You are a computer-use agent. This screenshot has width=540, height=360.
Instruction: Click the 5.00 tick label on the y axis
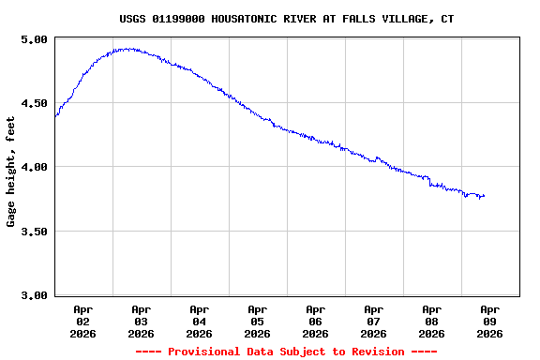coord(34,39)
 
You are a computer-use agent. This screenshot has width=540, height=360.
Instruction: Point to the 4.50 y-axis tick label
coord(34,103)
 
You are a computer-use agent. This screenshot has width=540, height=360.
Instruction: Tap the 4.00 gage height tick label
coord(34,167)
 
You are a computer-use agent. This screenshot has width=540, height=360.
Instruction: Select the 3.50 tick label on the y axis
coord(34,232)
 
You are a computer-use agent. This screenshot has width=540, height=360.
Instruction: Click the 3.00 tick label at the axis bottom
coord(34,295)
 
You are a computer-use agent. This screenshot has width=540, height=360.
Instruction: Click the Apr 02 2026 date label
coord(82,321)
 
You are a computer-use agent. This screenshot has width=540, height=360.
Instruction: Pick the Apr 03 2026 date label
coord(141,321)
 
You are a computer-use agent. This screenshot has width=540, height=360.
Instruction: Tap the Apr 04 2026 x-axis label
coord(199,321)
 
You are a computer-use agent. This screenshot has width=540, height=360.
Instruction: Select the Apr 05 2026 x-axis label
coord(257,321)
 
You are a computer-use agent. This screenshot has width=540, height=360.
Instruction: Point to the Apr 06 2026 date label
coord(315,321)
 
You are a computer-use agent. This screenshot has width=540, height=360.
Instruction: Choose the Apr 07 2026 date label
coord(373,321)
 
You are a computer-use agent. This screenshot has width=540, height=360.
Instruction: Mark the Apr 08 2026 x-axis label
coord(431,321)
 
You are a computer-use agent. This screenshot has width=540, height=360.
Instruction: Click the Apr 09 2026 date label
coord(489,321)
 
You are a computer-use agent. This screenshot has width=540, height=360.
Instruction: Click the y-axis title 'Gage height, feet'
coord(11,172)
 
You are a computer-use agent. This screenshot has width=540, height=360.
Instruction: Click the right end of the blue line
coord(484,196)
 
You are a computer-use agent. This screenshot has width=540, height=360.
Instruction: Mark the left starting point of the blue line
coord(55,115)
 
